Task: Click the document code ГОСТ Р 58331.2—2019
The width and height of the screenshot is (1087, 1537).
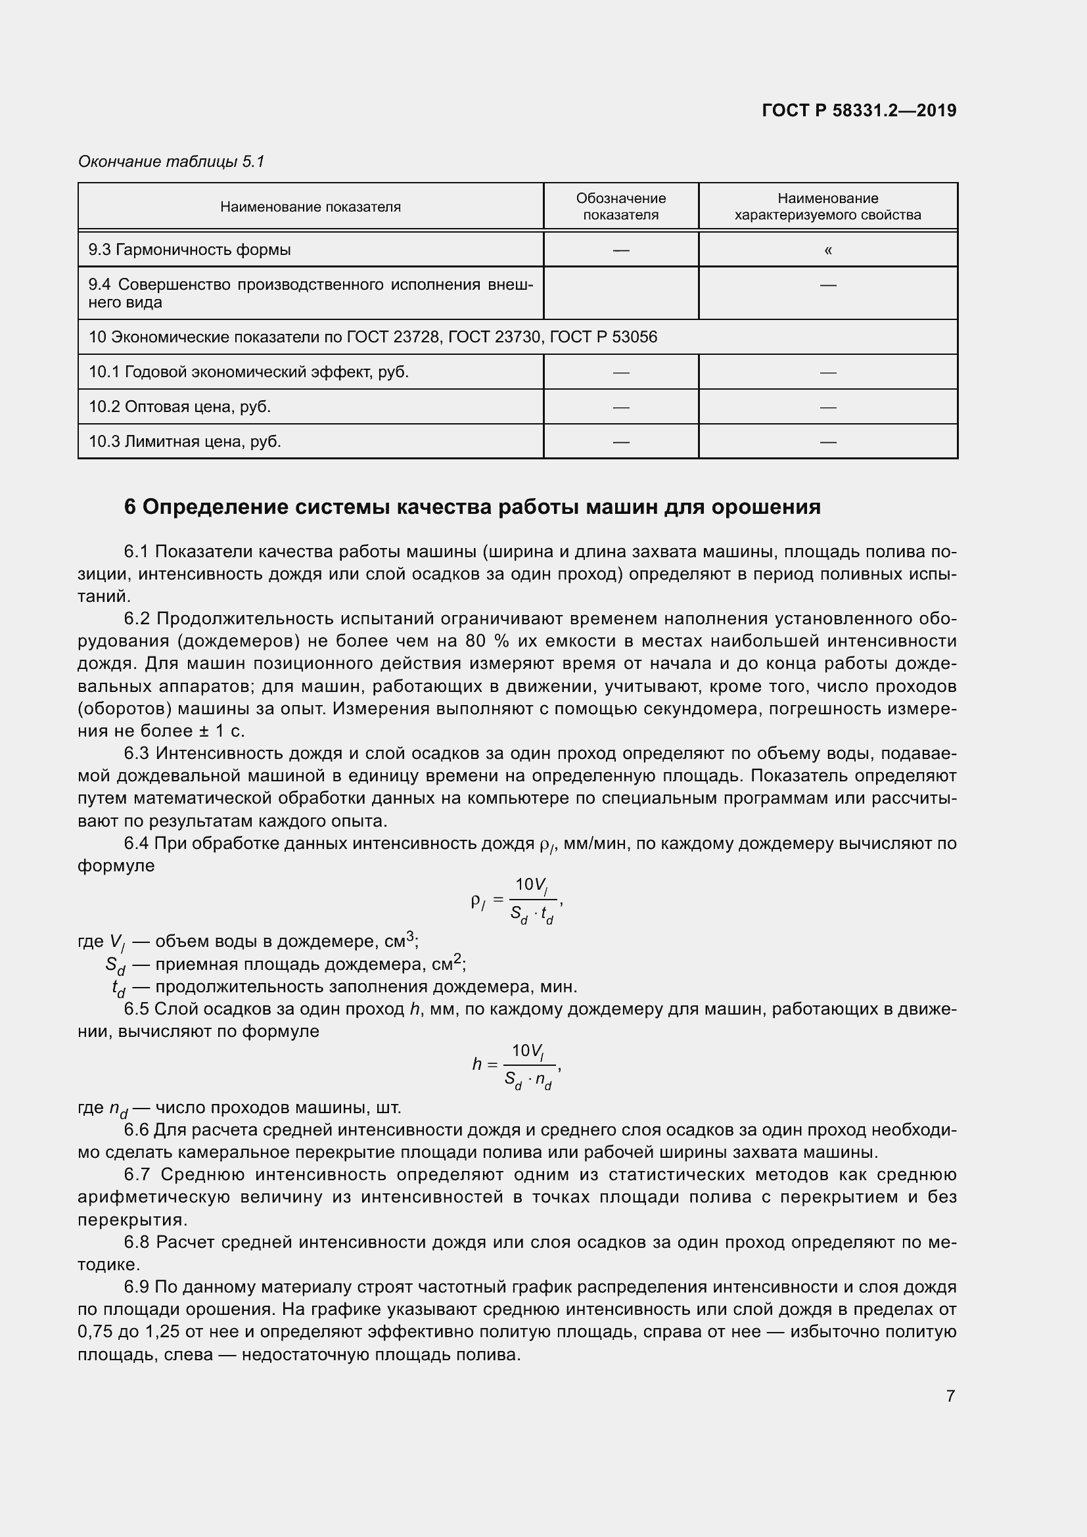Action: click(859, 110)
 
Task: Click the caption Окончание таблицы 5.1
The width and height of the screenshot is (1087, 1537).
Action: click(172, 162)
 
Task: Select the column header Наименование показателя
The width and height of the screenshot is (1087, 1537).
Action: click(310, 207)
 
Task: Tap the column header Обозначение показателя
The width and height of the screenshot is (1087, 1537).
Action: click(620, 206)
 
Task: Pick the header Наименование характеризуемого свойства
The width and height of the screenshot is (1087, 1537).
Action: click(827, 206)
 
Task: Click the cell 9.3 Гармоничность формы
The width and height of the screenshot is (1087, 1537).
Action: click(190, 250)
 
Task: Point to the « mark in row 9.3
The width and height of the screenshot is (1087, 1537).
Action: click(828, 250)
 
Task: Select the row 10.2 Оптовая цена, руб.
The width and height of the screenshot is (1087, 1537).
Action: click(180, 406)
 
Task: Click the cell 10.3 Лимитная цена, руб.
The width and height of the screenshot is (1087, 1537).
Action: click(185, 441)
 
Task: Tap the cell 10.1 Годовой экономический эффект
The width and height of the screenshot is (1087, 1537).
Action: click(248, 371)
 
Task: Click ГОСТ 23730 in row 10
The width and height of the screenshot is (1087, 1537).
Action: click(494, 336)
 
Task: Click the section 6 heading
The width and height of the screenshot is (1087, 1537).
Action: click(472, 507)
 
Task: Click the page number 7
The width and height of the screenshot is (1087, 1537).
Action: click(950, 1396)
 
